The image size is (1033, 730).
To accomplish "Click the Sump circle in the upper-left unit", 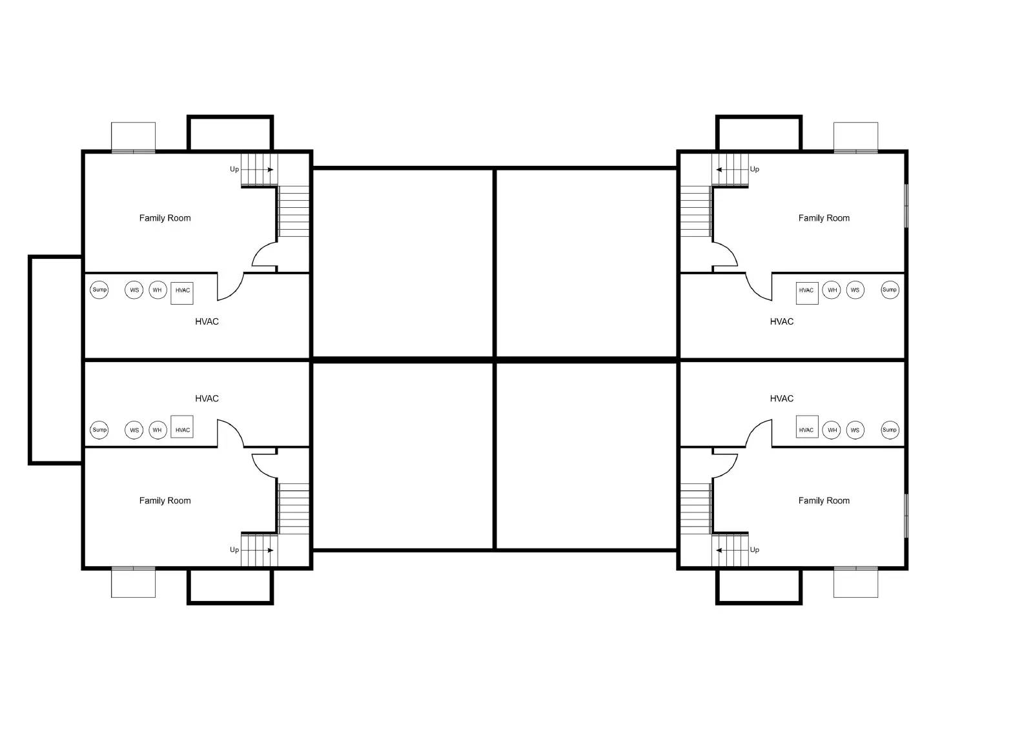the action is coord(99,290).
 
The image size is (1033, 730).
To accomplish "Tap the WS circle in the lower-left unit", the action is coord(134,431).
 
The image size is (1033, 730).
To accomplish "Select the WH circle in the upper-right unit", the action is coord(832,290).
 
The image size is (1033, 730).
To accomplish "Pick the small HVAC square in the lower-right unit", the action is coord(807,427).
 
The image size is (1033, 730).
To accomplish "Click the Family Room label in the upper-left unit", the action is coord(165,218).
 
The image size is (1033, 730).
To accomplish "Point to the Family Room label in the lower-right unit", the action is coord(824,501).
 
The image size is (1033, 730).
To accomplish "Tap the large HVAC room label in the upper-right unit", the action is coord(782,321).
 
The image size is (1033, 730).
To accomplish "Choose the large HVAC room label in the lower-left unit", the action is coord(207,398).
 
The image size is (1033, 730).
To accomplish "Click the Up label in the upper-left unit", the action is coord(234,169).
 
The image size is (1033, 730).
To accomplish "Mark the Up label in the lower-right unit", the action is coord(755,550).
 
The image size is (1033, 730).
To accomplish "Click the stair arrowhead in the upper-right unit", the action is coord(719,170).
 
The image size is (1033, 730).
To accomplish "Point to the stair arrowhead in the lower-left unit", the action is coord(271,550).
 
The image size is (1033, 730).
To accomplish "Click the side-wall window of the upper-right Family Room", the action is coord(906,206).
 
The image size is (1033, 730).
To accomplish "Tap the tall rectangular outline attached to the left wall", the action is coord(30,360).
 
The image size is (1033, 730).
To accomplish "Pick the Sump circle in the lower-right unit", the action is coord(890,431).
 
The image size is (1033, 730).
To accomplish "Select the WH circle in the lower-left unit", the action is coord(158,431).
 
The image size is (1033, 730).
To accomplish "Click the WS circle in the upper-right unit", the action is coord(855,290).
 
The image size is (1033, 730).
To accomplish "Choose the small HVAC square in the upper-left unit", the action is coord(182,293).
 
